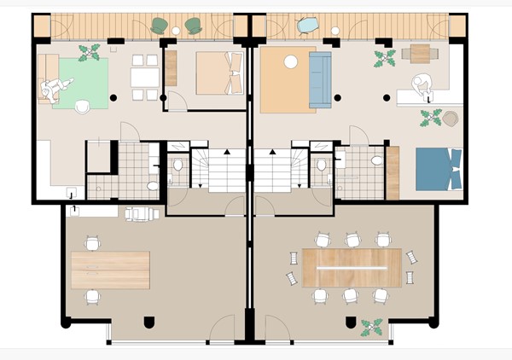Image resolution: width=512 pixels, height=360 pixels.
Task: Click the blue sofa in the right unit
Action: click(320, 79)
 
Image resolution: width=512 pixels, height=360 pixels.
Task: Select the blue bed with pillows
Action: click(439, 168)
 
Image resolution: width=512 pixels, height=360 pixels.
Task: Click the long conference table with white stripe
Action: click(352, 267)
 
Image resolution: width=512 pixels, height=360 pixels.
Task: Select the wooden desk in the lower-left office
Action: click(110, 269)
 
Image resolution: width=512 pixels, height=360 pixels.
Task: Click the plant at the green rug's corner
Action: click(89, 53)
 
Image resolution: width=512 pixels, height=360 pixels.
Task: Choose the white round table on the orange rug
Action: click(291, 61)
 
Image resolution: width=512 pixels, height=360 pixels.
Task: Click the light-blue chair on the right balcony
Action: click(306, 26)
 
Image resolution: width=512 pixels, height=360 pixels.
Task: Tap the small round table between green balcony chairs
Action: click(176, 31)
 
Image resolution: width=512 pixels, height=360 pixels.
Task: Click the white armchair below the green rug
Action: click(83, 107)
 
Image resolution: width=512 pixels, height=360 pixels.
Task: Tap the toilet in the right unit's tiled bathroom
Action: click(376, 160)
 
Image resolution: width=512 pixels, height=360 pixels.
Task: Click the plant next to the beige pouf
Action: click(431, 117)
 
